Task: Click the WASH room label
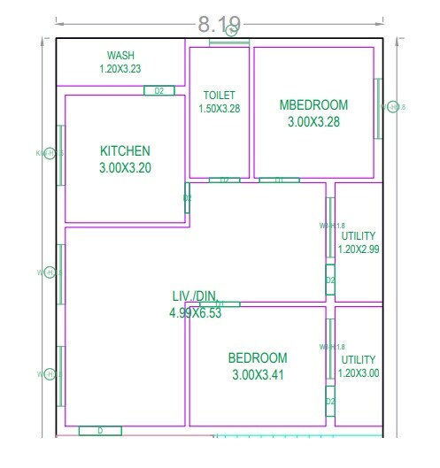120,55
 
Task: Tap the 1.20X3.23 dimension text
120,68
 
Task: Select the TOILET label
219,95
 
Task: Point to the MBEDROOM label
313,105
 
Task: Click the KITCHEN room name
125,151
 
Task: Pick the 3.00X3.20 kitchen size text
125,166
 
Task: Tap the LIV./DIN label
195,295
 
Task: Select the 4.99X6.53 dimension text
195,312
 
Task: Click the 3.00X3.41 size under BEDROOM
258,374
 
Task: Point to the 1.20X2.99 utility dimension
359,249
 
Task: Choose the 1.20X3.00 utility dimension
359,372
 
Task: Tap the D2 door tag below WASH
159,90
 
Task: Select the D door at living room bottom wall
100,431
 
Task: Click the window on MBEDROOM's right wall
379,108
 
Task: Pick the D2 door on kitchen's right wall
187,198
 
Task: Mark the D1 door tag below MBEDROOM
279,180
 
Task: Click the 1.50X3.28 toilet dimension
219,109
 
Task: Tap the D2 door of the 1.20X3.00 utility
329,402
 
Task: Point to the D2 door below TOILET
224,180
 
